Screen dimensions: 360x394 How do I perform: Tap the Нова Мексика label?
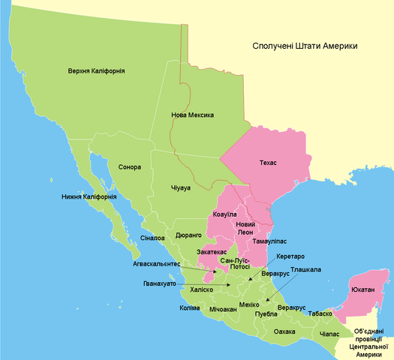(193, 115)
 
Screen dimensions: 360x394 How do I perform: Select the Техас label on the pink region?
(268, 163)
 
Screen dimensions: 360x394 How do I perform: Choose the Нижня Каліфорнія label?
(89, 197)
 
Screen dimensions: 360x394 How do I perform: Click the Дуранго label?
(188, 235)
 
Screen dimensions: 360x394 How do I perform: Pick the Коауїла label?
(226, 215)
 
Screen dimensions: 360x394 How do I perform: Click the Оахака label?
(284, 331)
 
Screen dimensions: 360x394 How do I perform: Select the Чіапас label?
(329, 333)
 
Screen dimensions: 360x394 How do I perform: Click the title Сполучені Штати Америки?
(304, 46)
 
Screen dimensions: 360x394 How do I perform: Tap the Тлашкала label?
(307, 269)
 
